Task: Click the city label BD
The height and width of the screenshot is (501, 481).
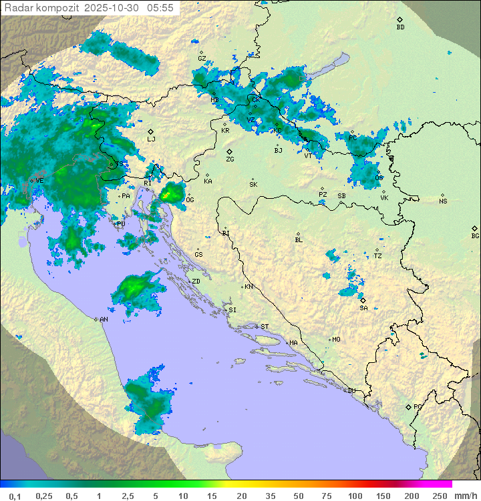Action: click(400, 27)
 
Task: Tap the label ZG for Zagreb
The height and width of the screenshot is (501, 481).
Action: click(230, 159)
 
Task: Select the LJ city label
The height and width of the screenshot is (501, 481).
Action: click(151, 139)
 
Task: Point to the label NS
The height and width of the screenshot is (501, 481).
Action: click(443, 201)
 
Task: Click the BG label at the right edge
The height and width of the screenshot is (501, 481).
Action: click(475, 235)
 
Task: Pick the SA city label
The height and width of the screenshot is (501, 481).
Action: click(363, 308)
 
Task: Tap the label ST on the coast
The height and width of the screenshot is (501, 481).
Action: click(265, 326)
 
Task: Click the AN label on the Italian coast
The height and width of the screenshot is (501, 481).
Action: click(104, 320)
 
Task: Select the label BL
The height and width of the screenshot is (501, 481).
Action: click(299, 240)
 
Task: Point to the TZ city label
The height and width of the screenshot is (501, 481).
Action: click(377, 256)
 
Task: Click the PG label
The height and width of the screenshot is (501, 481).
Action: click(418, 406)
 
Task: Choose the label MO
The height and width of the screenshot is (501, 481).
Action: click(336, 339)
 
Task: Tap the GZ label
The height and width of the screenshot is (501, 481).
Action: click(202, 59)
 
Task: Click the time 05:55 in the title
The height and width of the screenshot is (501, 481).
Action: click(162, 8)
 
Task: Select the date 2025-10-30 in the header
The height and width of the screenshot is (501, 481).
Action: click(114, 8)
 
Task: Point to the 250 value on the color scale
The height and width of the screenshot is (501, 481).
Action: click(440, 496)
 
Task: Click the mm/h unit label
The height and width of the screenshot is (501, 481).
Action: click(466, 496)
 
